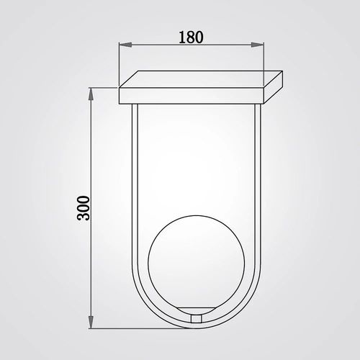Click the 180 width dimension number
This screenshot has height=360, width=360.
191,37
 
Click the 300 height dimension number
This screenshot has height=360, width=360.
84,208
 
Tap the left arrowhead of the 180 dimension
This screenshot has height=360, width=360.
125,45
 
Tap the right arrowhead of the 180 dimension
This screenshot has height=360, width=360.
257,45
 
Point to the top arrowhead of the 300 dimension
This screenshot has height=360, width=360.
91,94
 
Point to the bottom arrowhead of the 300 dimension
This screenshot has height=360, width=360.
91,322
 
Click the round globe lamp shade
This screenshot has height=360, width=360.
196,263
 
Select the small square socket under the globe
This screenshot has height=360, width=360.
196,319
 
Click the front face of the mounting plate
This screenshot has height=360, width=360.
192,96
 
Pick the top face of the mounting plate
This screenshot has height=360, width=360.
201,79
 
